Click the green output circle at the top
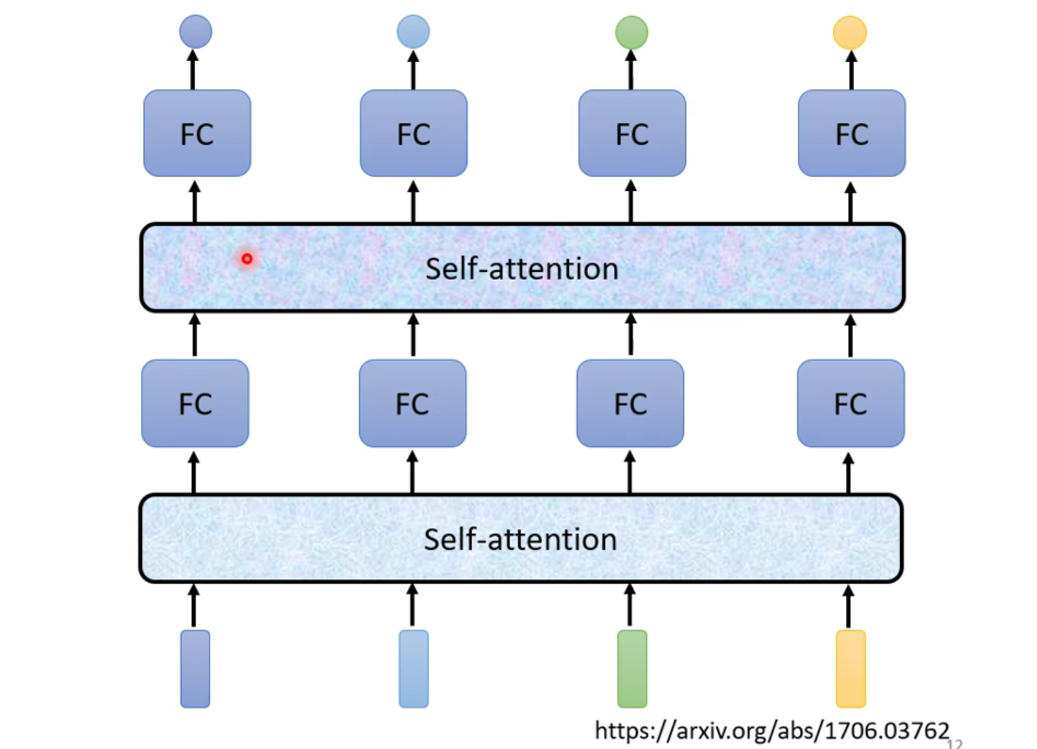[631, 33]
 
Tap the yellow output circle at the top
[849, 33]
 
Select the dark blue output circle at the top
[196, 32]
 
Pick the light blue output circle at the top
[413, 32]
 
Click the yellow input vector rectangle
[850, 669]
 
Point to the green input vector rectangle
[632, 669]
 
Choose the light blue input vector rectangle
[414, 669]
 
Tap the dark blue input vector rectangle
[195, 669]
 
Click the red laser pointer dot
[247, 259]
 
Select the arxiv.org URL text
[771, 730]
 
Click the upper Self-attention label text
[522, 269]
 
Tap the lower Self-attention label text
[520, 540]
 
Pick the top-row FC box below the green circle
[632, 133]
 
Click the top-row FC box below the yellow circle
[852, 133]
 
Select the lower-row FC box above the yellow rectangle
[850, 403]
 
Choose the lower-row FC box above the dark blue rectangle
[195, 403]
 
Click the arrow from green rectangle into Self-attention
[630, 605]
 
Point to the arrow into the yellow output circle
[851, 70]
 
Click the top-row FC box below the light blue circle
[414, 133]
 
